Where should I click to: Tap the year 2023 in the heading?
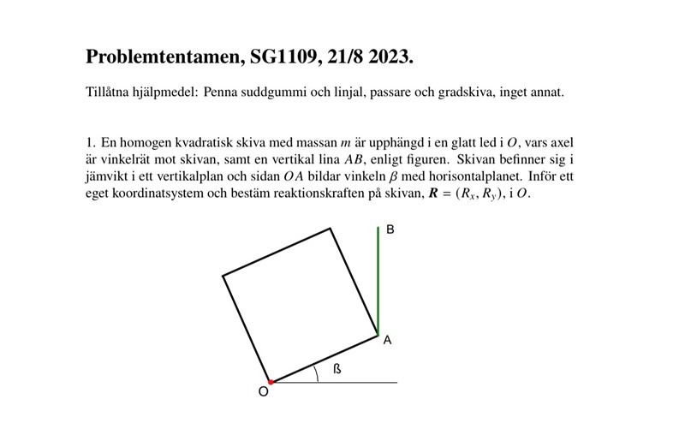click(x=391, y=58)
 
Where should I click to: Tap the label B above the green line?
click(x=390, y=230)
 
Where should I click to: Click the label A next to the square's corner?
click(x=388, y=341)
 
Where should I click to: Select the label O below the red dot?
click(x=263, y=391)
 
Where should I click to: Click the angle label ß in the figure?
click(x=337, y=369)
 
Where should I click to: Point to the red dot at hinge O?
click(x=271, y=381)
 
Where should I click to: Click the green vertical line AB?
click(x=378, y=283)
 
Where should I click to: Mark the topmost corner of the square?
click(x=331, y=229)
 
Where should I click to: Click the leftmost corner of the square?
click(x=223, y=276)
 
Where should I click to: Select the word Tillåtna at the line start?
click(x=109, y=92)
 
